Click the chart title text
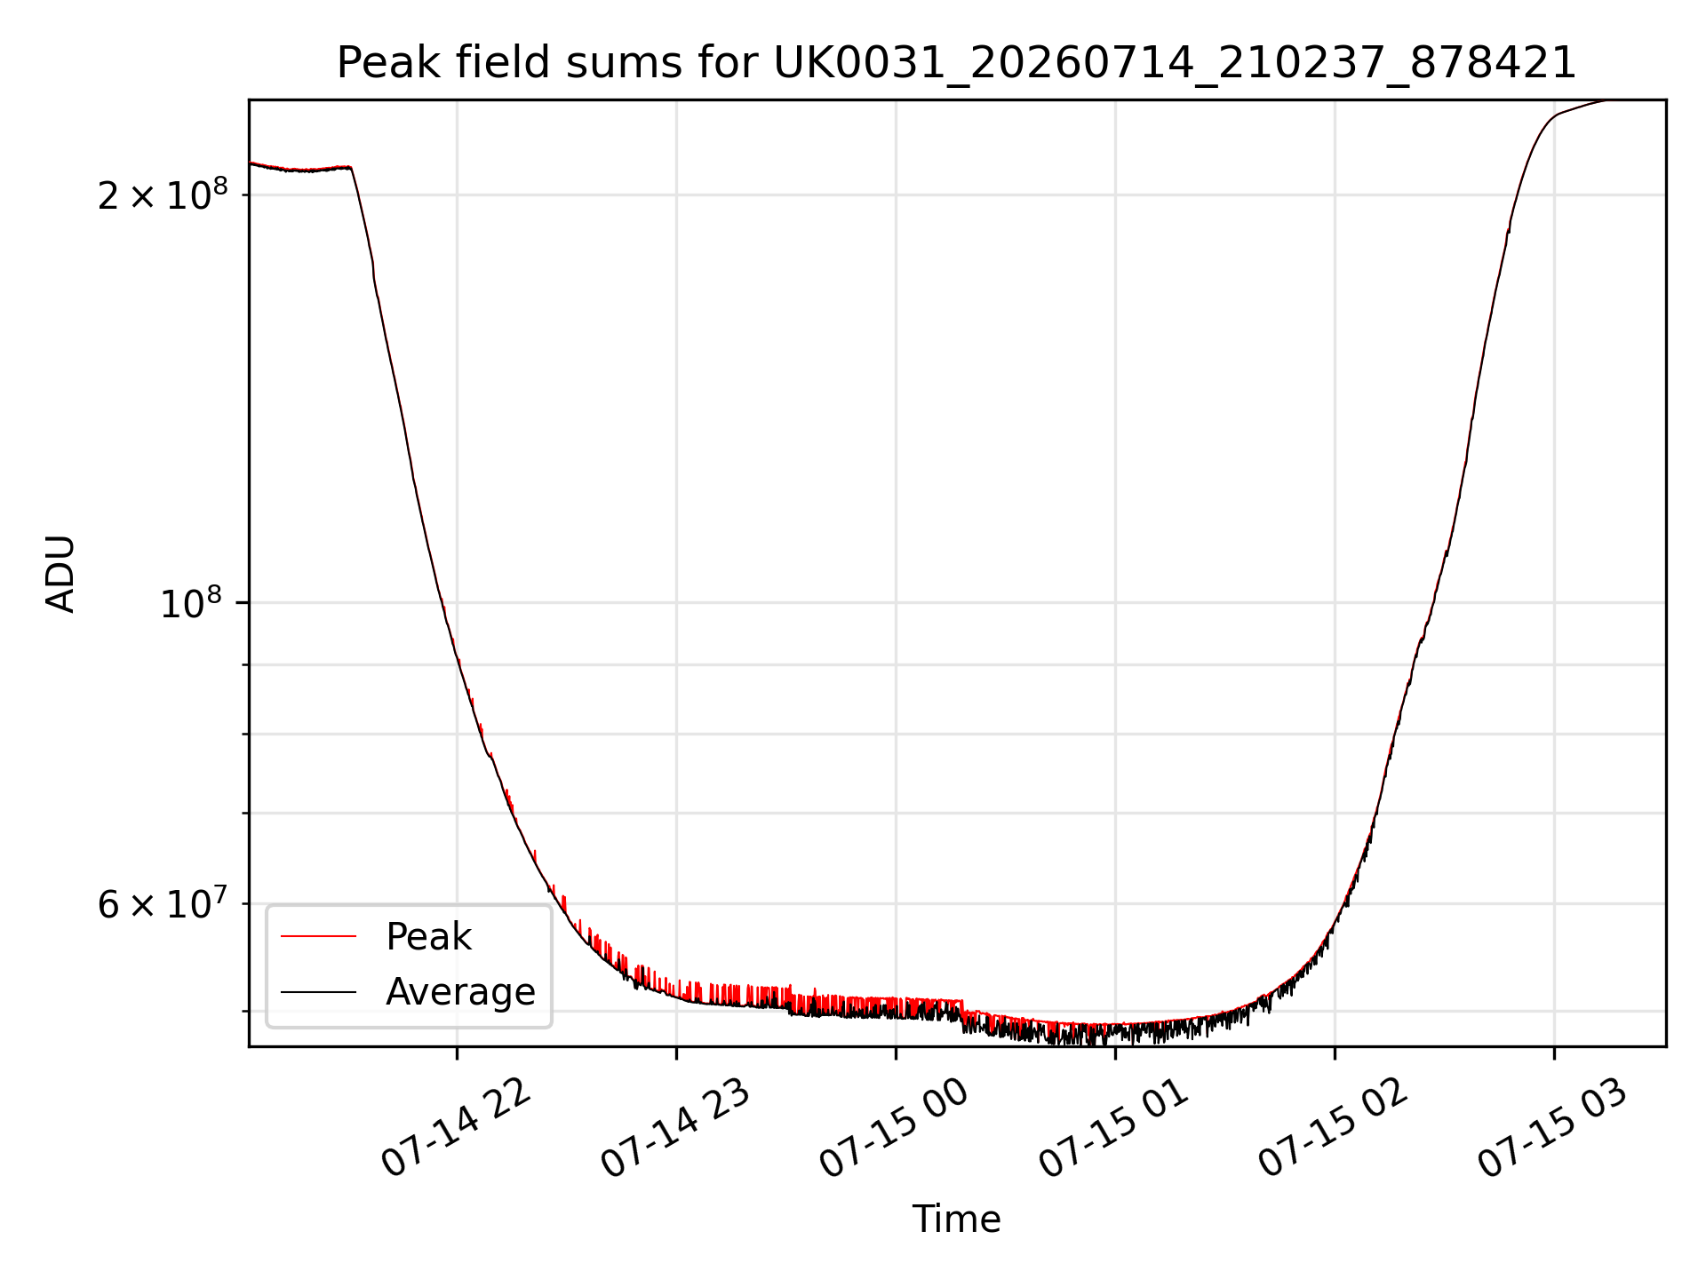point(957,63)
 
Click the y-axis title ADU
point(60,574)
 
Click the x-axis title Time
point(957,1219)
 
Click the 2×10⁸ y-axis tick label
point(163,195)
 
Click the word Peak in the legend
point(428,937)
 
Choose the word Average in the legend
point(460,992)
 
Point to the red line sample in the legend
point(318,937)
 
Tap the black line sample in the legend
point(318,992)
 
